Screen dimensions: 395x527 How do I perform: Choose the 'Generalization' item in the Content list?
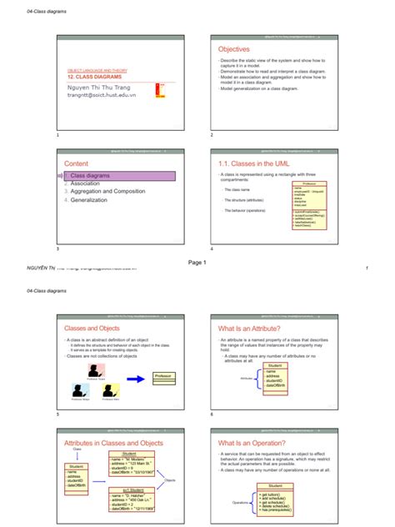pos(89,200)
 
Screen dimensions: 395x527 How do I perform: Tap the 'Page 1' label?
pos(197,263)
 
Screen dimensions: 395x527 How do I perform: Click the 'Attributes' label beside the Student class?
pos(245,378)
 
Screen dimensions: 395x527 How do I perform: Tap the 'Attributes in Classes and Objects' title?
pos(113,443)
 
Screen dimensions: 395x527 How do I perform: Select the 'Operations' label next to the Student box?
pos(242,503)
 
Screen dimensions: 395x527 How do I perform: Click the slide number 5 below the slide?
pos(57,414)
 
